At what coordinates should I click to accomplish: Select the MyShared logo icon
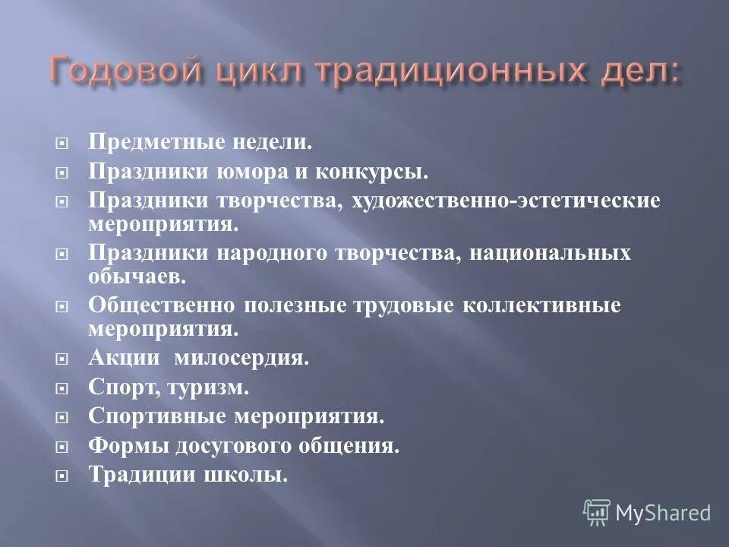(597, 511)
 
